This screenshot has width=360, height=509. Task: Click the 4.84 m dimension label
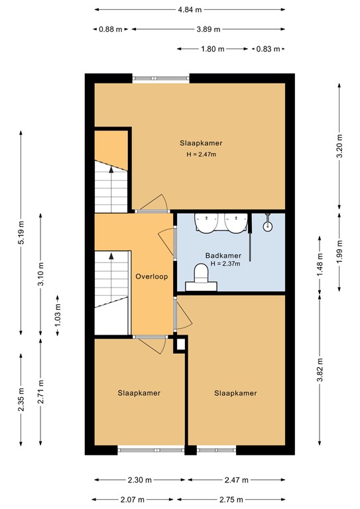pyautogui.click(x=190, y=10)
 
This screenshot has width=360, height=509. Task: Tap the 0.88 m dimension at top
pyautogui.click(x=110, y=29)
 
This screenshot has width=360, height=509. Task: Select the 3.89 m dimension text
pyautogui.click(x=208, y=29)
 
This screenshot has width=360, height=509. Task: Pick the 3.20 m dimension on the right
pyautogui.click(x=339, y=147)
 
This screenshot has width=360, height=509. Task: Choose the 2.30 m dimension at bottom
pyautogui.click(x=140, y=480)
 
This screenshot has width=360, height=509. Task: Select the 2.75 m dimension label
pyautogui.click(x=231, y=499)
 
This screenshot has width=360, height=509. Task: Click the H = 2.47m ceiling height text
pyautogui.click(x=201, y=154)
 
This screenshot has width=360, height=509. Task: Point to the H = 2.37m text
pyautogui.click(x=224, y=263)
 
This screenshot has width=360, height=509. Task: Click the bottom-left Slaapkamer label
pyautogui.click(x=139, y=393)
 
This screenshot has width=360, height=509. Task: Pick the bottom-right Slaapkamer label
pyautogui.click(x=235, y=393)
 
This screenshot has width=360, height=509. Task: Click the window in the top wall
pyautogui.click(x=161, y=78)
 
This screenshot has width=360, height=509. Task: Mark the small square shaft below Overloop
pyautogui.click(x=180, y=344)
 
